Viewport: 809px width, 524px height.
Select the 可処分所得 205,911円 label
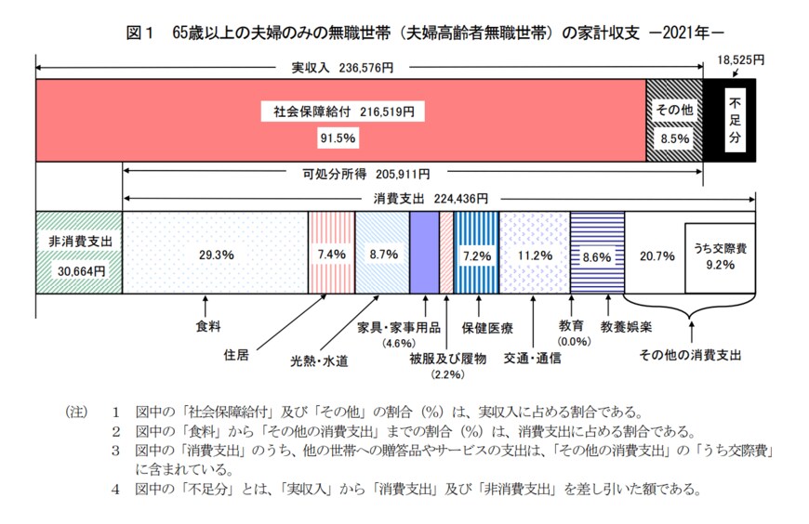point(366,174)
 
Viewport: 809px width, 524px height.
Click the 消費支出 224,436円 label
point(430,198)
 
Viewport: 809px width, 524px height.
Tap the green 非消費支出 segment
point(79,253)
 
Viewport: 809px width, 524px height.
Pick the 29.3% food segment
point(215,253)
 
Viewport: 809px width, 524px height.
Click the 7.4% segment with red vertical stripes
point(331,253)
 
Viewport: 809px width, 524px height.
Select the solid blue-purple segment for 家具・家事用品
point(424,253)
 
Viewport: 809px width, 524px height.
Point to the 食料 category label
point(207,326)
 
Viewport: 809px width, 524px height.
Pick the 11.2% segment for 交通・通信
point(535,253)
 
